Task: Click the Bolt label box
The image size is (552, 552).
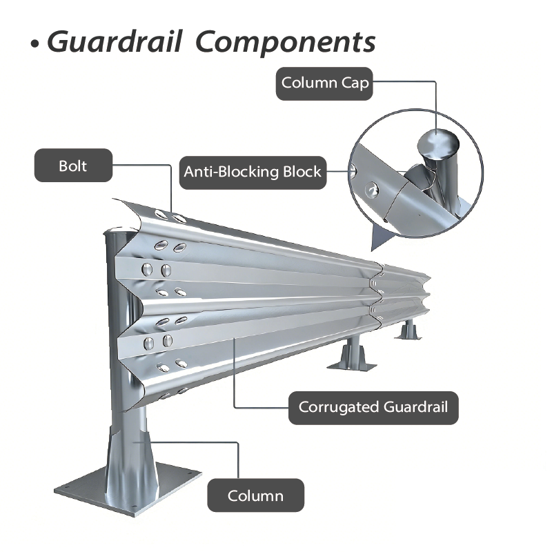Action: click(73, 166)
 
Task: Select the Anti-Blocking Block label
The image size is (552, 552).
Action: click(253, 171)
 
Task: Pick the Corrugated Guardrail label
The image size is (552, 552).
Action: click(373, 406)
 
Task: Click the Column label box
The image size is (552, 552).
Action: click(255, 495)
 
